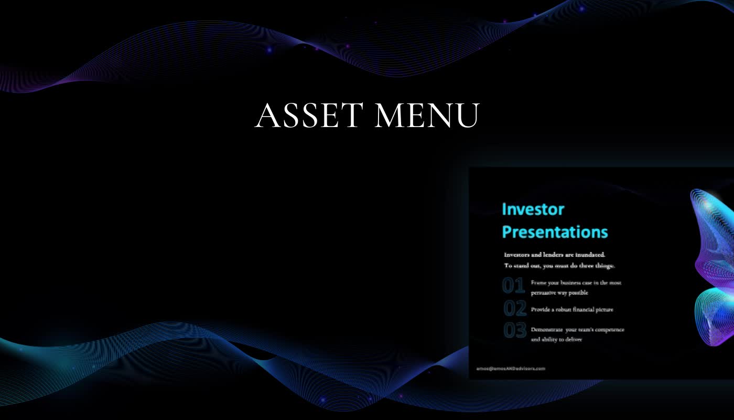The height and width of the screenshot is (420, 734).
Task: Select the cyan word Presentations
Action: [555, 232]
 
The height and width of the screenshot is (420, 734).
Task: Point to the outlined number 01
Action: [514, 285]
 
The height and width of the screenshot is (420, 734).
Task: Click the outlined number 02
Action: [515, 308]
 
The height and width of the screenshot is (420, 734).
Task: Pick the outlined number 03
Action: [515, 331]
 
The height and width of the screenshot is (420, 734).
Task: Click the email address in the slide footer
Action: [511, 369]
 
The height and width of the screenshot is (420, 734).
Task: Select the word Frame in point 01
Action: [538, 282]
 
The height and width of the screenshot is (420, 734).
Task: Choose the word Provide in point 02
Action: [539, 310]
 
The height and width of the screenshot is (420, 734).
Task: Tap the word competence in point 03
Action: [609, 330]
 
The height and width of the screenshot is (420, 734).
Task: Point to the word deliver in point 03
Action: [572, 340]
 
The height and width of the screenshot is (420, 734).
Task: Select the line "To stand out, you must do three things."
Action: [559, 266]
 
